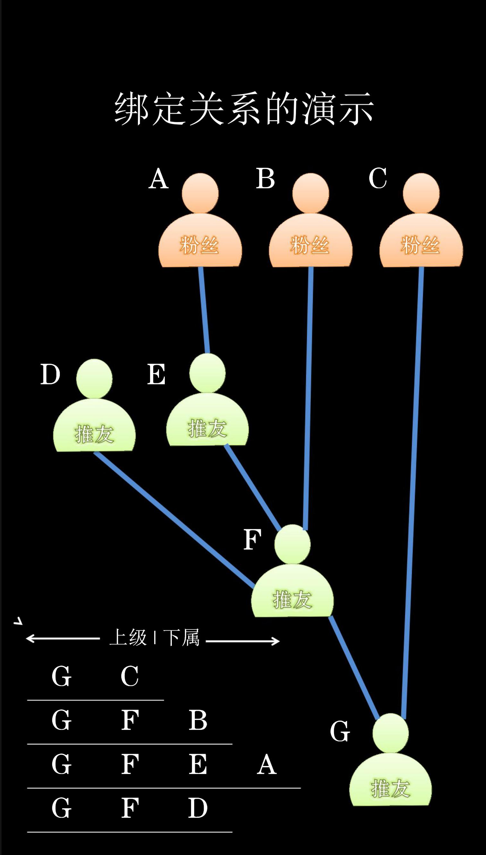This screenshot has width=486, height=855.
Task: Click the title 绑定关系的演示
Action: pos(244,109)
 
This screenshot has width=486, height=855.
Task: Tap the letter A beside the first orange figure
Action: pos(159,178)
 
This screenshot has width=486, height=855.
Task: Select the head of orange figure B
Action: pos(311,193)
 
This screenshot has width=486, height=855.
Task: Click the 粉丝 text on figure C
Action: pos(420,245)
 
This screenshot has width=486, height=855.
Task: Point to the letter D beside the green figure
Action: pos(50,374)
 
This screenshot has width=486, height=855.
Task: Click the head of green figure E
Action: pos(207,373)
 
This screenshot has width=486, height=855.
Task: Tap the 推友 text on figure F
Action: pos(292,599)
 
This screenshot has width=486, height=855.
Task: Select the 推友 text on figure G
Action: pos(391,788)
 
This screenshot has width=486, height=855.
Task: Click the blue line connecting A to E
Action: pos(204,310)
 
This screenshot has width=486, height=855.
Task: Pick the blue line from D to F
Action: pos(174,519)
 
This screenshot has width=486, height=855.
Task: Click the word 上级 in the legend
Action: pos(128,638)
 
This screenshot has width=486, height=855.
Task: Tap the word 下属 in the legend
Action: pos(181,638)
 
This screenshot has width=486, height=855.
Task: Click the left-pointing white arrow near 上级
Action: pos(63,638)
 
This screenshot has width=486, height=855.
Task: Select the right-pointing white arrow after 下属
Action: pos(243,641)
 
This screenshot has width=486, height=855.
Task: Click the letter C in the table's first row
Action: pos(130,676)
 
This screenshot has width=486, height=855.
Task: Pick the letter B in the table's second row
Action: pos(198,720)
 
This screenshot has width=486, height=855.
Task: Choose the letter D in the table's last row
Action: pos(198,808)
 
